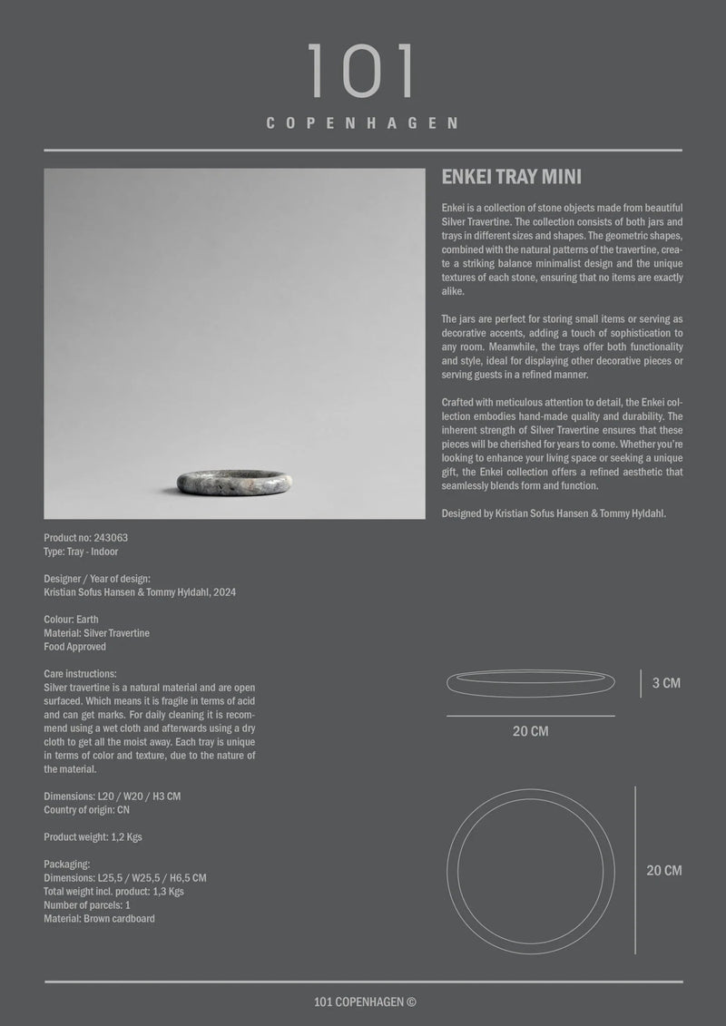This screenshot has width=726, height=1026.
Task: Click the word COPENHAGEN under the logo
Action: coord(362,123)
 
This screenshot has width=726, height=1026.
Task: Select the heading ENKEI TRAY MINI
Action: coord(511,177)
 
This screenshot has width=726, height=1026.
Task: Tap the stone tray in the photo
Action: coord(234,482)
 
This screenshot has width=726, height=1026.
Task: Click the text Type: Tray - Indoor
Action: coord(81,552)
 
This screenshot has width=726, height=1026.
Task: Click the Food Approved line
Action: coord(74,647)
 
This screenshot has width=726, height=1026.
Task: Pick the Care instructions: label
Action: coord(80,674)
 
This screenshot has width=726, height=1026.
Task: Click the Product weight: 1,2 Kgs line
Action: coord(93,837)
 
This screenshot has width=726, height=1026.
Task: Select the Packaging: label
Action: coord(66,865)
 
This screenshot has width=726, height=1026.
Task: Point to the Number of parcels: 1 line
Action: coord(87,905)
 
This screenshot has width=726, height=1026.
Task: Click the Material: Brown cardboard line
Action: coord(99,919)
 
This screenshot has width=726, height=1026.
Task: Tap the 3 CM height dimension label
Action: coord(666,683)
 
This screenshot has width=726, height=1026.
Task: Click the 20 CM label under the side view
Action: coord(530,731)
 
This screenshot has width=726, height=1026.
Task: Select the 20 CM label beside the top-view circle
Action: coord(663,871)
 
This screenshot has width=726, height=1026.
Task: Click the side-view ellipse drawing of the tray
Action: coord(530,683)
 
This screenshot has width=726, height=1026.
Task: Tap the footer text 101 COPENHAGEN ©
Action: coord(364,1002)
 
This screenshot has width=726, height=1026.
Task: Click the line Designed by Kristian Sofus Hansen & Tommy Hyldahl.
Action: coord(554,513)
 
